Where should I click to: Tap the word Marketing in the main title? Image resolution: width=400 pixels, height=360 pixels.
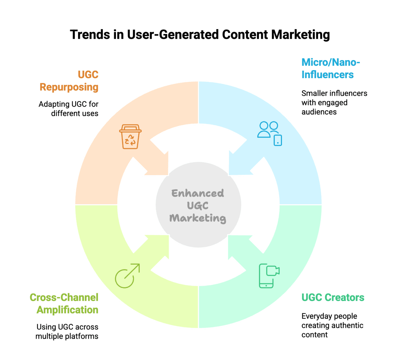pos(300,35)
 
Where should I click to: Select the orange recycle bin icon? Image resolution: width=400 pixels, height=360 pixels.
pos(130,137)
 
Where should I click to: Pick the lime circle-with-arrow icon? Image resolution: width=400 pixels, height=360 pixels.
pos(127,276)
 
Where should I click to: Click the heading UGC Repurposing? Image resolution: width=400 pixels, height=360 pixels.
pos(69,81)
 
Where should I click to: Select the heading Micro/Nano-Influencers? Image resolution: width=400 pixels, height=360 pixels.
pos(330,68)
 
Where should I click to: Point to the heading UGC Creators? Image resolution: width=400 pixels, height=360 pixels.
pos(333,297)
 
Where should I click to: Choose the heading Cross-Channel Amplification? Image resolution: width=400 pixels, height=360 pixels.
pos(64,303)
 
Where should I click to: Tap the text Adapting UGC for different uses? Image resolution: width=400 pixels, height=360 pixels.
pos(68,109)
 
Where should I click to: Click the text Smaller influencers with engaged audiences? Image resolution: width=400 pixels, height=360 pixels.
pos(334,103)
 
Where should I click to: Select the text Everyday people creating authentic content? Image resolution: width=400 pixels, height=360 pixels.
pos(332,325)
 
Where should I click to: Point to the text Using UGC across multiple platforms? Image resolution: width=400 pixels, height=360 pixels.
pos(67,332)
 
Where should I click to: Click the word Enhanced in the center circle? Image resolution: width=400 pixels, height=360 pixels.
pos(197,193)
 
